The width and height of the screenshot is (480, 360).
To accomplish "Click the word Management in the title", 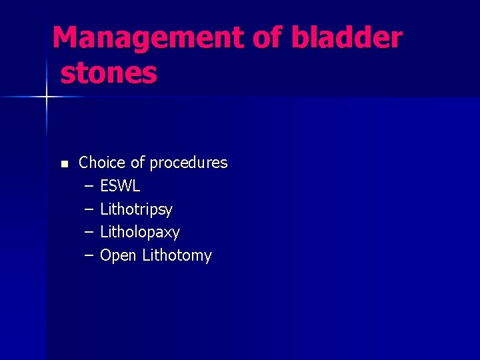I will (148, 38).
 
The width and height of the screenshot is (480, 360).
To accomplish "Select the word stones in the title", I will (109, 73).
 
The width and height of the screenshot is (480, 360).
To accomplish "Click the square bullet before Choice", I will (64, 164).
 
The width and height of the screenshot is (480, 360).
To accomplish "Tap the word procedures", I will (189, 163).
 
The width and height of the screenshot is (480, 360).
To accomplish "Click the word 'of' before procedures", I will (137, 163).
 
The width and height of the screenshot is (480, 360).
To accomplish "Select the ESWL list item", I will (120, 186).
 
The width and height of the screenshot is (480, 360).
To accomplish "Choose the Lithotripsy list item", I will (136, 209).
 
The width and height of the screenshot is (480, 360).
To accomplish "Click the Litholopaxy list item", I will (140, 233).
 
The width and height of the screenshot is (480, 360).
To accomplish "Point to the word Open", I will (118, 256).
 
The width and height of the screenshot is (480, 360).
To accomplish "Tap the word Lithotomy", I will (177, 256).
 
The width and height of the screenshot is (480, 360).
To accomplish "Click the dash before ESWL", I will (89, 186).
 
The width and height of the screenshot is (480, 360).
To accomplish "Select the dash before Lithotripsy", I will (89, 209).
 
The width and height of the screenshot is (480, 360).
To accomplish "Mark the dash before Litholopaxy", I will (89, 233).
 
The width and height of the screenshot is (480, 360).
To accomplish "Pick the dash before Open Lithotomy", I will (89, 256).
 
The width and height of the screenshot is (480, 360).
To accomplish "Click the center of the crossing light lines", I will (47, 97).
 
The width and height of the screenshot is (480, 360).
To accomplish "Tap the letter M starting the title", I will (65, 38).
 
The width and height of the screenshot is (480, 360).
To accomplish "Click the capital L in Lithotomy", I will (146, 255).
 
